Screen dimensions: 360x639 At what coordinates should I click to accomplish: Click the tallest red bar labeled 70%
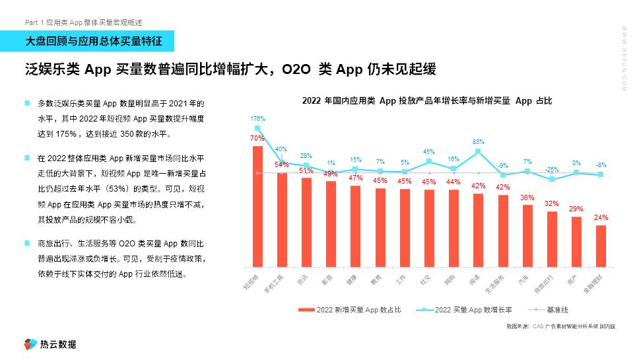tap(257, 205)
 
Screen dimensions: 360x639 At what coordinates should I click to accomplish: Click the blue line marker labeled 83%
tap(479, 151)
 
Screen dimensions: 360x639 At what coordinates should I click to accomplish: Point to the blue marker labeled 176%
tap(257, 128)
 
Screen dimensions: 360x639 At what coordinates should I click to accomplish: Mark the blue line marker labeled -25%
tap(552, 179)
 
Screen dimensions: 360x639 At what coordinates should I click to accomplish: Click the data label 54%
tap(282, 164)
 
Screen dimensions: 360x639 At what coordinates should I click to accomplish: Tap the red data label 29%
tap(576, 209)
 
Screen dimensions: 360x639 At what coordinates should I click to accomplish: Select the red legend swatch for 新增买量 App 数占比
tap(306, 309)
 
